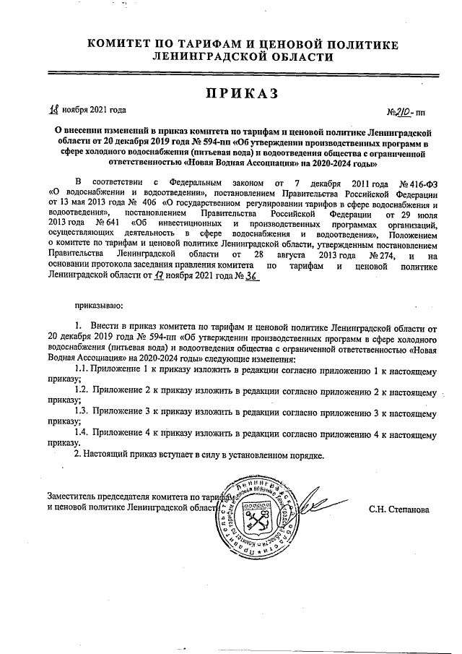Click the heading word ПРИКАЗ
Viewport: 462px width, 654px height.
pyautogui.click(x=230, y=93)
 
